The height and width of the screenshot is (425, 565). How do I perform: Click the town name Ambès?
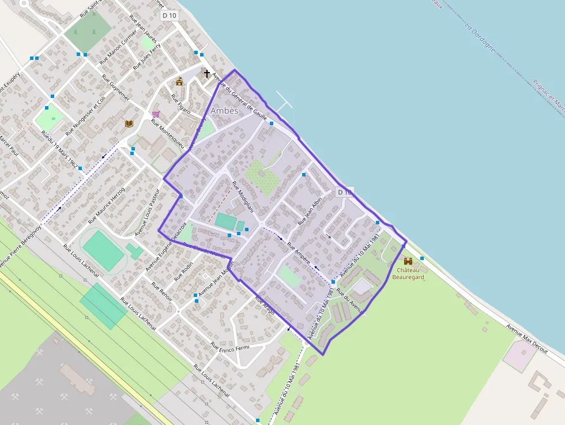pyautogui.click(x=224, y=111)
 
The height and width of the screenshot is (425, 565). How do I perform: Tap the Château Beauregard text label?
pyautogui.click(x=408, y=273)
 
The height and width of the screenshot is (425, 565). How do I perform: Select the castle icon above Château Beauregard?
pyautogui.click(x=408, y=261)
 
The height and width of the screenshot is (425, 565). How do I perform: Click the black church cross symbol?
pyautogui.click(x=206, y=73)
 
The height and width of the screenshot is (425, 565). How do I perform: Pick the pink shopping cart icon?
pyautogui.click(x=155, y=114)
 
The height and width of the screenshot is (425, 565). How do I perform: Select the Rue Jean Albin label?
pyautogui.click(x=310, y=212)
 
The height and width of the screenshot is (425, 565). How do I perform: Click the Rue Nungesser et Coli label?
pyautogui.click(x=85, y=115)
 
